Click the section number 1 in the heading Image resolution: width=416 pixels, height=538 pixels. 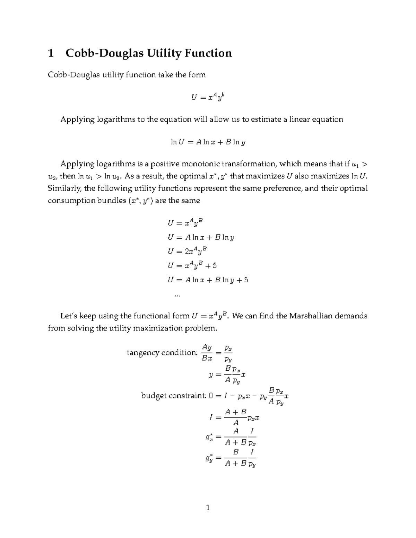pos(51,53)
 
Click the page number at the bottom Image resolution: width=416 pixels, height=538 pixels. pos(208,508)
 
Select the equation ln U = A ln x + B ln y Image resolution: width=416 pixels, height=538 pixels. pos(208,142)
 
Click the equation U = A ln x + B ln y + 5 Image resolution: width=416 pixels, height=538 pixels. pos(208,280)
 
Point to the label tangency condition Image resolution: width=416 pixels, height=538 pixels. pos(162,353)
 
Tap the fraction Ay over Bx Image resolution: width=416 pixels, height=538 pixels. pos(207,353)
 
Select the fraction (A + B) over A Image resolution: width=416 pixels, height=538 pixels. pos(236,417)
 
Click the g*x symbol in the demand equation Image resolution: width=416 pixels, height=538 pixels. pos(209,438)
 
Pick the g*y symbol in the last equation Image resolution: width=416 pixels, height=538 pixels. pos(209,458)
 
